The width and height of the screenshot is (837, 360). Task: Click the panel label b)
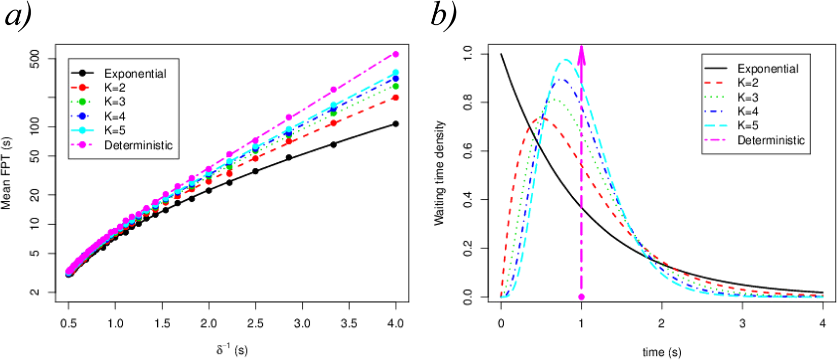[x=443, y=15]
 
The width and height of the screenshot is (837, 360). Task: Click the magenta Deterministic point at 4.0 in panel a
[x=396, y=54]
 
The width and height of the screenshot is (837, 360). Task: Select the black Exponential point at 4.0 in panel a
[x=396, y=124]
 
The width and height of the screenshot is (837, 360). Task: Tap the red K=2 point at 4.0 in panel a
[x=396, y=97]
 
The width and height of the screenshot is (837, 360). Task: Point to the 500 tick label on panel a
[x=36, y=59]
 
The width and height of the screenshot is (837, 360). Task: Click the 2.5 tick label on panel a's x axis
[x=255, y=323]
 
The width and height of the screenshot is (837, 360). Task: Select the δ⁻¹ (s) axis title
[x=232, y=349]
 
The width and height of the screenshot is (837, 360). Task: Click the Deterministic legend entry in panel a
[x=138, y=145]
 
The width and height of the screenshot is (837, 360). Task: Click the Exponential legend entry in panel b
[x=768, y=68]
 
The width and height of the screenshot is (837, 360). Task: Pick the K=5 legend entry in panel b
[x=748, y=125]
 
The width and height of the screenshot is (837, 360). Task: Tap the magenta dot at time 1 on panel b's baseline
[x=581, y=297]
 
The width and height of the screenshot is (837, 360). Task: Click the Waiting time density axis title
[x=439, y=173]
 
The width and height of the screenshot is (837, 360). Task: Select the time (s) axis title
[x=661, y=352]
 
